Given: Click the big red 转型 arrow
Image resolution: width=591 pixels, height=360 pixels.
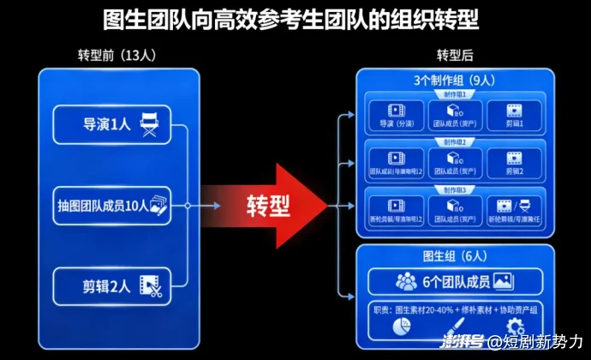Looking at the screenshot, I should pos(266,207).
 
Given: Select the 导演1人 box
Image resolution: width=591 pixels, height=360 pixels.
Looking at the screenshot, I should pos(112,124).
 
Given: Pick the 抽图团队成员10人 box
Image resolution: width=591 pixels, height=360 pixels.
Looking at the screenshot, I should pos(112,206).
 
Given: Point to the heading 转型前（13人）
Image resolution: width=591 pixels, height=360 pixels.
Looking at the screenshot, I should pos(116,56).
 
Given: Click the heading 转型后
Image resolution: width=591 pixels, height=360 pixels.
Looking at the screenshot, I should pos(454,56).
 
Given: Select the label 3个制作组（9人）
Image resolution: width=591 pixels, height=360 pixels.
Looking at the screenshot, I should pos(454,81).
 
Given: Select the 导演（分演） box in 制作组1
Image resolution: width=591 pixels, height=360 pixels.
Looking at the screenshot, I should pos(395,116).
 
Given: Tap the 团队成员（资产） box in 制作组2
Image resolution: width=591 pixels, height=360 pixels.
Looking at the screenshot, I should pos(454,163).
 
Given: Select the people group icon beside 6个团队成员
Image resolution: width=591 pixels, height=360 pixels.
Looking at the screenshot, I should pos(406,281).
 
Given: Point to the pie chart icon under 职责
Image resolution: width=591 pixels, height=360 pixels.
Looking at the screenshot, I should pos(402,327).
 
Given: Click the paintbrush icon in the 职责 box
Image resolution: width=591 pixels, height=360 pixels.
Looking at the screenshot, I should pos(458,327).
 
